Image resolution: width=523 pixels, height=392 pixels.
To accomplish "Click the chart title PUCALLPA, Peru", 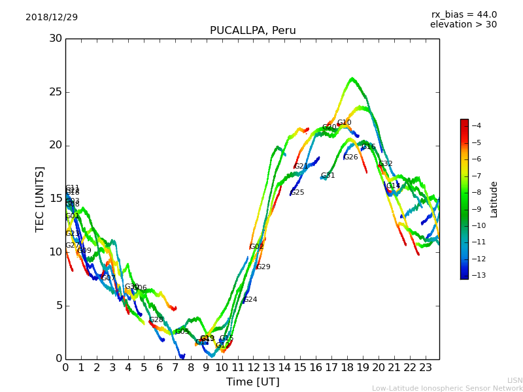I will (252, 31).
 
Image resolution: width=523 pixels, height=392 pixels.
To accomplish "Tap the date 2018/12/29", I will (52, 17).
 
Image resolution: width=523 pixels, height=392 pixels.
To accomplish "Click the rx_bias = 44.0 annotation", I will (464, 14).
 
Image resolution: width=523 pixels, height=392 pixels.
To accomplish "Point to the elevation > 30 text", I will (464, 25).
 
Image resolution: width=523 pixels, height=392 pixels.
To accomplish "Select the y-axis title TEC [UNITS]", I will (40, 199).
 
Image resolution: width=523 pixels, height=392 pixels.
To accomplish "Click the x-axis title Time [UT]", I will (252, 382).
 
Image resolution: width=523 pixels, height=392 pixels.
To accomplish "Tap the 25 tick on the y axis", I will (56, 91).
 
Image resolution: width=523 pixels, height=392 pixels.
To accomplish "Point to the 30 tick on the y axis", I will (56, 38).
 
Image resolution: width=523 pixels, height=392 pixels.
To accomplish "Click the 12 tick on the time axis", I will (253, 367).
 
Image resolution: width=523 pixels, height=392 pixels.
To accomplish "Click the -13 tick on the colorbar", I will (475, 275).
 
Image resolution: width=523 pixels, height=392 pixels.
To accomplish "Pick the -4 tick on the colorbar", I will (475, 125).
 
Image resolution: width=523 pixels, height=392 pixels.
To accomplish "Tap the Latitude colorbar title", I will (494, 199).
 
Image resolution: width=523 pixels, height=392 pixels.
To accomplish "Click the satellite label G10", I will (344, 123).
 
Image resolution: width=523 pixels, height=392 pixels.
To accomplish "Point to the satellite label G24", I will (250, 300).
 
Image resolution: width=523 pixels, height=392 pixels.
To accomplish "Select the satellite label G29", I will (263, 267).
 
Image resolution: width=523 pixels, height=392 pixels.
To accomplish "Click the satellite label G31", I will (328, 176).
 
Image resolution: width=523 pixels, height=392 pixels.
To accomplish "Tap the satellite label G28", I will (156, 320).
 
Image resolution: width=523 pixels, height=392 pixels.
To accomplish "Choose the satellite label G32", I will (385, 164).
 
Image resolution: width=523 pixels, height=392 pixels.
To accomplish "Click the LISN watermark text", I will (515, 380).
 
